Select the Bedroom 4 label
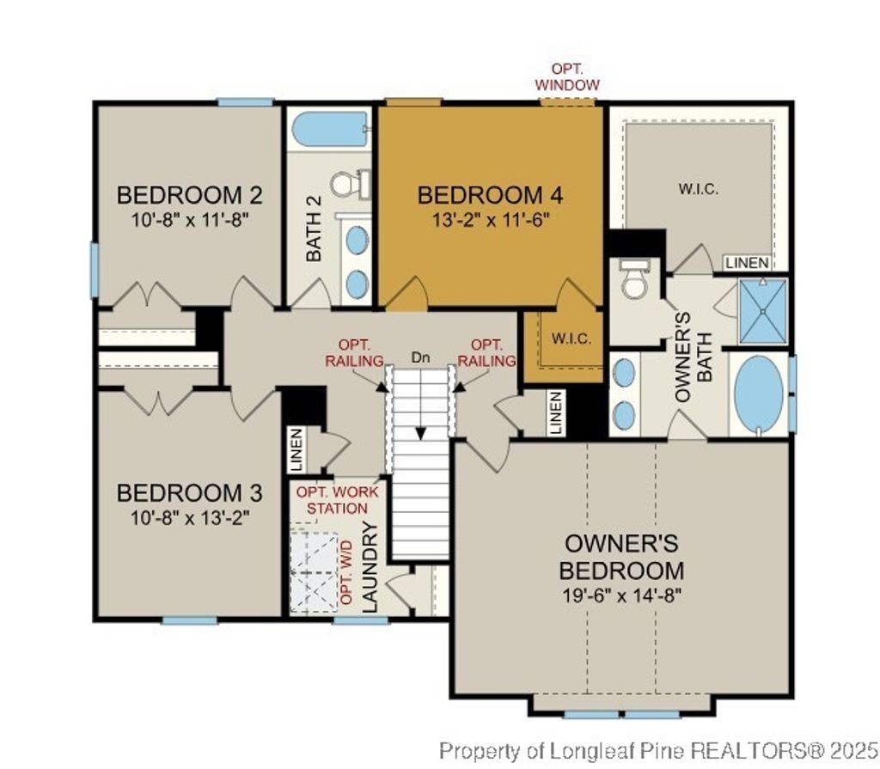point(491,195)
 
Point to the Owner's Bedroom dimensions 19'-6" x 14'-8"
point(621,595)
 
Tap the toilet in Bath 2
point(348,183)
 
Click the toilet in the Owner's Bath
point(635,280)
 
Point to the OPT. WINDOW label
point(566,76)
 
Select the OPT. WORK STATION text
point(332,500)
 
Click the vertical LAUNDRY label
point(370,568)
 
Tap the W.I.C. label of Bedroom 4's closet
point(571,338)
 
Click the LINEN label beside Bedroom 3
point(296,449)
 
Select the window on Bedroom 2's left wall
point(95,270)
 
